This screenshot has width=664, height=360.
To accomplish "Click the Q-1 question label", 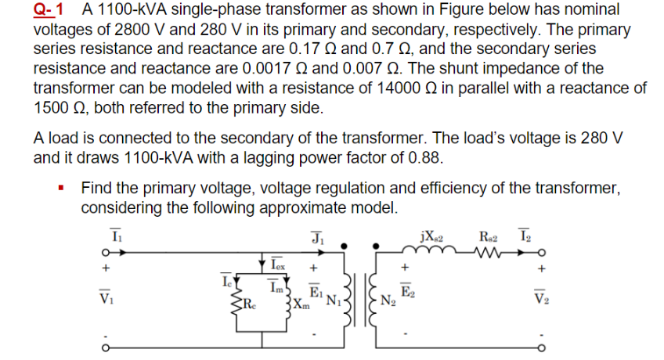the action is pos(49,10).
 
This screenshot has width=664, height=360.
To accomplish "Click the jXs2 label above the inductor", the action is pos(433,235).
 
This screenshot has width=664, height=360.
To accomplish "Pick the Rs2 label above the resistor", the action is pos(489,235).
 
